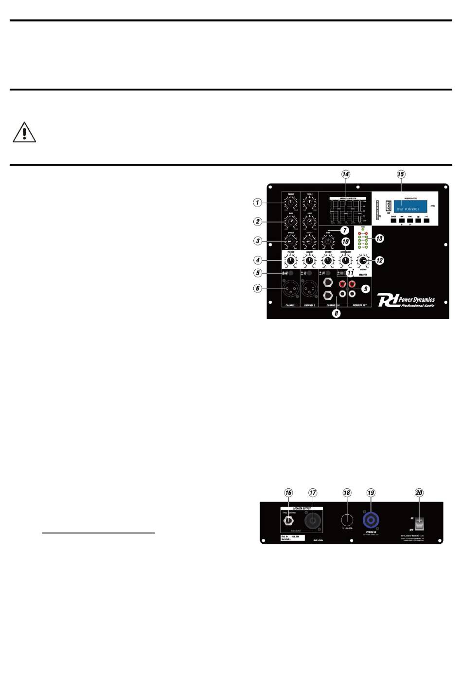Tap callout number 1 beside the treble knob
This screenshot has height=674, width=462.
pos(258,202)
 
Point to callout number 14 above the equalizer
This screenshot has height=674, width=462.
pos(346,174)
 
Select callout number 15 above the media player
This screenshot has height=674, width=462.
pos(401,174)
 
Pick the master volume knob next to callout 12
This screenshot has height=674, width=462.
pos(363,260)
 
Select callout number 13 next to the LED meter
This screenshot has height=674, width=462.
pos(379,239)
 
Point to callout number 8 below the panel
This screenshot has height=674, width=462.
pos(336,313)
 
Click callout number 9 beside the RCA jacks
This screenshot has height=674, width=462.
pos(366,289)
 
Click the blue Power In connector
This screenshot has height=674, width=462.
pos(371,520)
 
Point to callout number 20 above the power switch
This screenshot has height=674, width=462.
pos(419,493)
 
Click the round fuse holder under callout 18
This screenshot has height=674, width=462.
pos(347,519)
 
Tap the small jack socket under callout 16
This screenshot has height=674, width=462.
pos(288,521)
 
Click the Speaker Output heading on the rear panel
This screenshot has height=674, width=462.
pos(302,508)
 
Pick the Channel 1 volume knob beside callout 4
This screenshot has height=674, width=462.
pos(291,261)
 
